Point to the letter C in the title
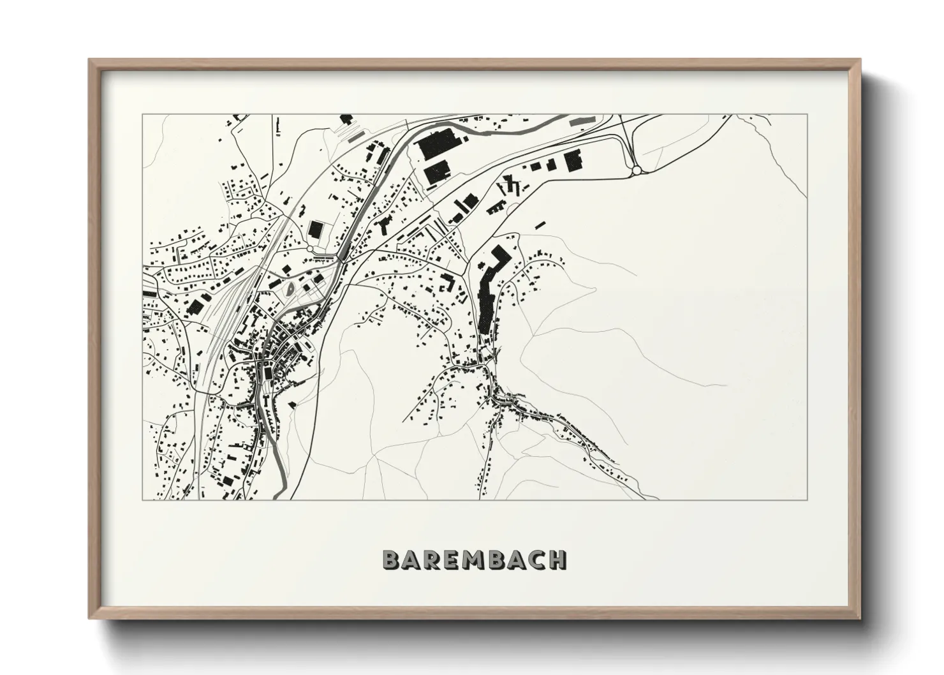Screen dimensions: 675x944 point(537,560)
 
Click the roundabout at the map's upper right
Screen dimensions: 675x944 point(636,170)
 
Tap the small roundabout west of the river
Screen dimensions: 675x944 point(311,249)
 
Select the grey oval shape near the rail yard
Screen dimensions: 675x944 point(291,288)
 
